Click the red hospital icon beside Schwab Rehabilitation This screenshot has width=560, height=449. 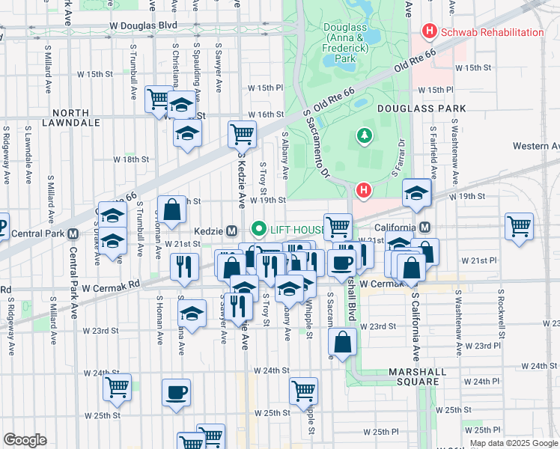(x=430, y=32)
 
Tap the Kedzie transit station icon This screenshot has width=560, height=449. (x=232, y=229)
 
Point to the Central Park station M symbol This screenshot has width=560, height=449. (x=73, y=233)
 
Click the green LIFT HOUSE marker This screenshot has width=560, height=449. (x=260, y=229)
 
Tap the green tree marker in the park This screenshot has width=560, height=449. (x=364, y=135)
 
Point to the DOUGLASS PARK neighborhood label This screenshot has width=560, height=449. (x=421, y=109)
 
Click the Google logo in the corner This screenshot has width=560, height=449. (x=25, y=440)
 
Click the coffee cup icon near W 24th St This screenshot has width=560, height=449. (x=176, y=392)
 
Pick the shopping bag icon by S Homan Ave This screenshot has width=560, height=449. (x=171, y=210)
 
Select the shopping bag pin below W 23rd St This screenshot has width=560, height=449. (x=341, y=342)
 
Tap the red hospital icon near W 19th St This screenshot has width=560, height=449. (x=364, y=192)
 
